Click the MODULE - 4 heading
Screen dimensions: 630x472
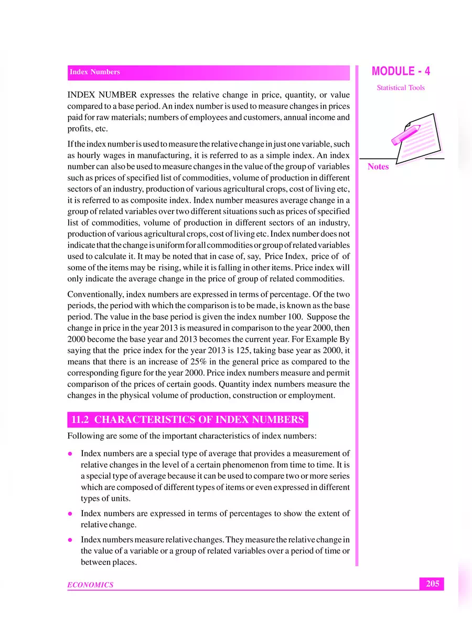pyautogui.click(x=401, y=72)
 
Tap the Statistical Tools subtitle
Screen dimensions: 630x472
pyautogui.click(x=401, y=88)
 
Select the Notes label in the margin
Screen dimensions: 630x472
pyautogui.click(x=378, y=167)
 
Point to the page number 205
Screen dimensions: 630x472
pyautogui.click(x=432, y=583)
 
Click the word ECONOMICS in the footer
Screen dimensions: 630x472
pyautogui.click(x=90, y=585)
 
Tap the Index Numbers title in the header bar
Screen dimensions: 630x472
pyautogui.click(x=95, y=72)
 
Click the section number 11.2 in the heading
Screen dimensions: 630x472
pyautogui.click(x=81, y=419)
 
